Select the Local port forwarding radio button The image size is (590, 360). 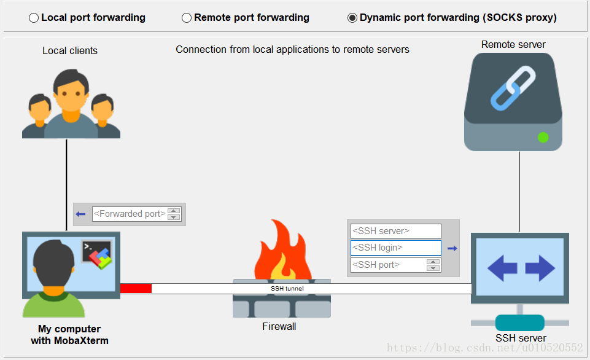tap(34, 18)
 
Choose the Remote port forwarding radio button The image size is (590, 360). tap(187, 18)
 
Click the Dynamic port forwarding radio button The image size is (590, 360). tap(352, 18)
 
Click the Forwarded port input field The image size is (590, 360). tap(130, 214)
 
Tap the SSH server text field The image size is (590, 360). tap(395, 231)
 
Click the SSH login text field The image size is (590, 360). tap(395, 248)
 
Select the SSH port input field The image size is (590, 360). tap(389, 265)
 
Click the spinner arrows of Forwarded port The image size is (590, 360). tap(174, 214)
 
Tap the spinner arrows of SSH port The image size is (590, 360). tap(433, 265)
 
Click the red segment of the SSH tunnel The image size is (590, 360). tap(136, 288)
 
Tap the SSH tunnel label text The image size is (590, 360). tap(287, 288)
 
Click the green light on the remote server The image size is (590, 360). tap(543, 137)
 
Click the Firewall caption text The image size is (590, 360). tap(279, 326)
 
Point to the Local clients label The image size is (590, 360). tap(70, 50)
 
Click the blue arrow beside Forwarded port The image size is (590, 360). tap(80, 214)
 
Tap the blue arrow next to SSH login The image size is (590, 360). tap(452, 248)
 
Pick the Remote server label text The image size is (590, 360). tap(513, 44)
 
